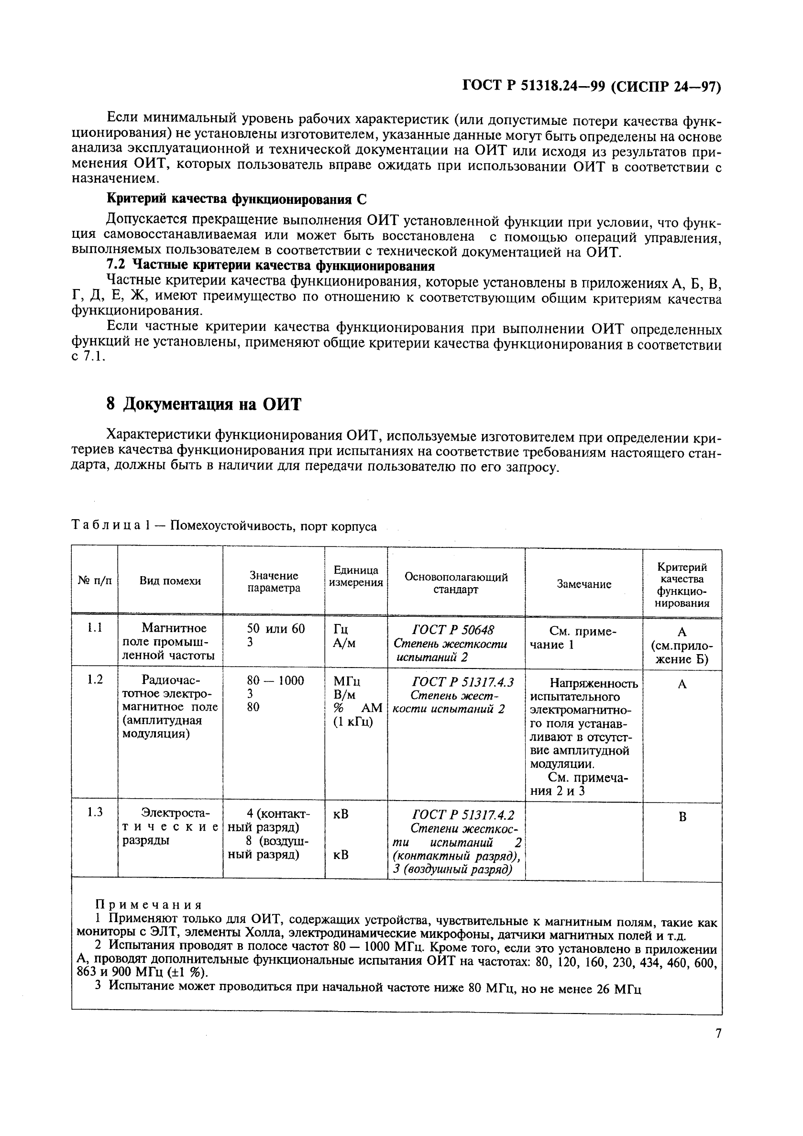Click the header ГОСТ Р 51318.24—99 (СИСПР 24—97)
tap(592, 87)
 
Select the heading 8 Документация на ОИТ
tap(203, 404)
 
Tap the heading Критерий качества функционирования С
tap(237, 199)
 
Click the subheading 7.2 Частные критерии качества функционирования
tap(271, 266)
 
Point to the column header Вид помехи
tap(170, 581)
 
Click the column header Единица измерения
tap(355, 576)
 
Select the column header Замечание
tap(583, 584)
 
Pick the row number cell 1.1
tap(94, 628)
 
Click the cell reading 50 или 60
tap(275, 628)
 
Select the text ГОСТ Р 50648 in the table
tap(453, 630)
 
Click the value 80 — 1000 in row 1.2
tap(275, 680)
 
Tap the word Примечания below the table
tap(148, 905)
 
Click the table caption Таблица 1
tap(111, 525)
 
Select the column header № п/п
tap(94, 580)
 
